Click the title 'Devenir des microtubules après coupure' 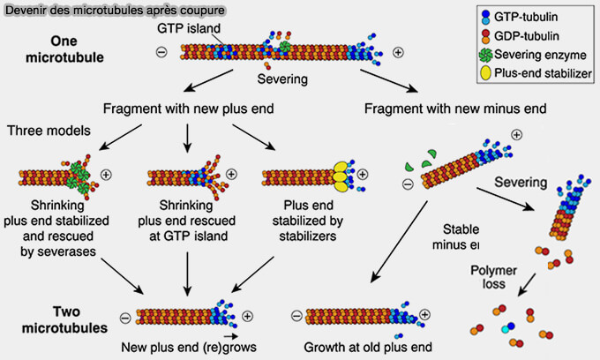(114, 11)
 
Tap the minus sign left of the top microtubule (161, 52)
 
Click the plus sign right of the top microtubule (398, 52)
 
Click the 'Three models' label (43, 131)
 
